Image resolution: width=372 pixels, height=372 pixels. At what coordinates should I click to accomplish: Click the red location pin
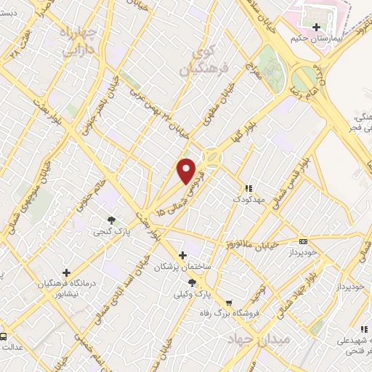coord(187,170)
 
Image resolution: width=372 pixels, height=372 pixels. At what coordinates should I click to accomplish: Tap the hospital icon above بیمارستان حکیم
coord(315,28)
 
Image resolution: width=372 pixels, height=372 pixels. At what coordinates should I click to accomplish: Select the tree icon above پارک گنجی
coord(110,220)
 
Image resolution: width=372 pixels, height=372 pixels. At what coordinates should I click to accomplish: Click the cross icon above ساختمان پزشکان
coord(182,255)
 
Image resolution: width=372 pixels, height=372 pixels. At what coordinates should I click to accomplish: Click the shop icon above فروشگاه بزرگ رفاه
coord(229,302)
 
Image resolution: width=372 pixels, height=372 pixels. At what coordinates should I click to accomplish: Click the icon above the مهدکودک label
coord(248,187)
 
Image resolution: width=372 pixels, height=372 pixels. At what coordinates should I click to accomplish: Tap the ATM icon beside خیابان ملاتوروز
coord(303,241)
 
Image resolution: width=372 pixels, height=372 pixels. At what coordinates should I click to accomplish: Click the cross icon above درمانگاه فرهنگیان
coord(66,272)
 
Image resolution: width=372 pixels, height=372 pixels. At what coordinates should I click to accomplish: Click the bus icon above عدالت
coord(4,336)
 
